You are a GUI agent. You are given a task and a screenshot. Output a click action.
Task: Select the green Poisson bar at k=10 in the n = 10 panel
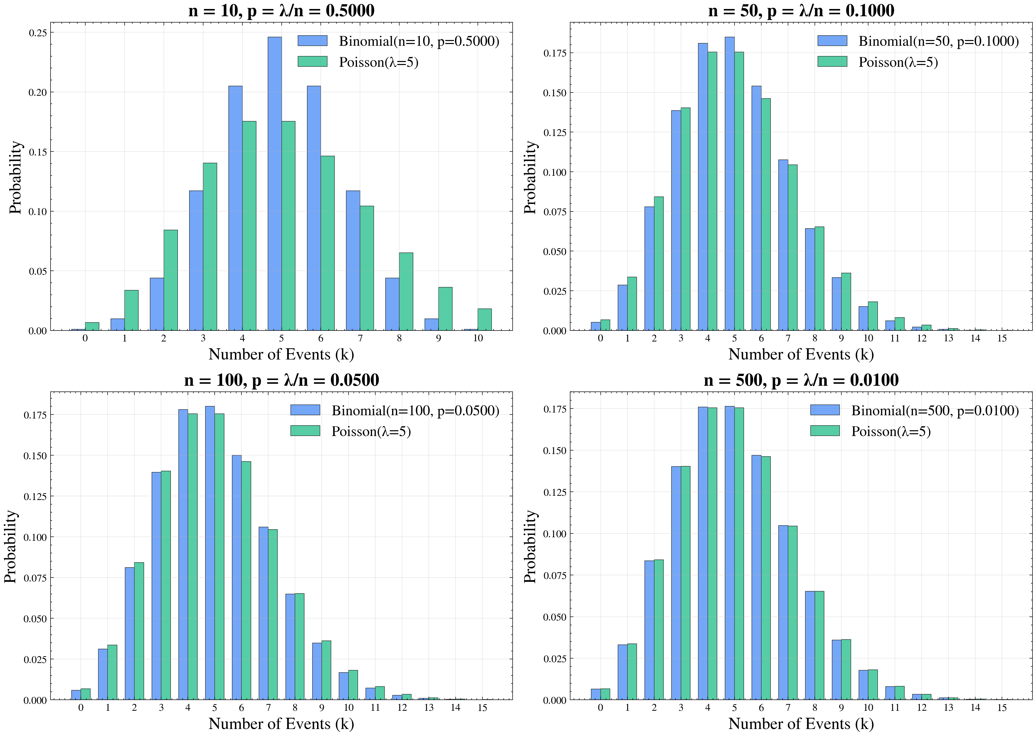pos(485,319)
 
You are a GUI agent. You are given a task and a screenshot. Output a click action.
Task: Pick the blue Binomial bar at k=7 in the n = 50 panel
pos(783,245)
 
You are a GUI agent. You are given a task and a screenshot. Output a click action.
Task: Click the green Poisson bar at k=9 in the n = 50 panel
pos(846,301)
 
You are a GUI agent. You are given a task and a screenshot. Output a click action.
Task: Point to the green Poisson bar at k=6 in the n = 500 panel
pos(766,578)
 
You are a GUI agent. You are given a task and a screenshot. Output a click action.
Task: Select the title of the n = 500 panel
pos(801,380)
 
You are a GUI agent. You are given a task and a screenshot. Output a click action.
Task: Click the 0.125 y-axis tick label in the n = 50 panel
pos(555,132)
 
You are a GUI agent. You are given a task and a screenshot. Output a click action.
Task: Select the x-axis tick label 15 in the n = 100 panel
pos(482,707)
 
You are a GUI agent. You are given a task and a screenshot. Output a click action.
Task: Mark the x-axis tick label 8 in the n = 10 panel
pos(399,338)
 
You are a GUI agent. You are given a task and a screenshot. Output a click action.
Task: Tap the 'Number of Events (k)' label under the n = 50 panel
pos(801,354)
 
